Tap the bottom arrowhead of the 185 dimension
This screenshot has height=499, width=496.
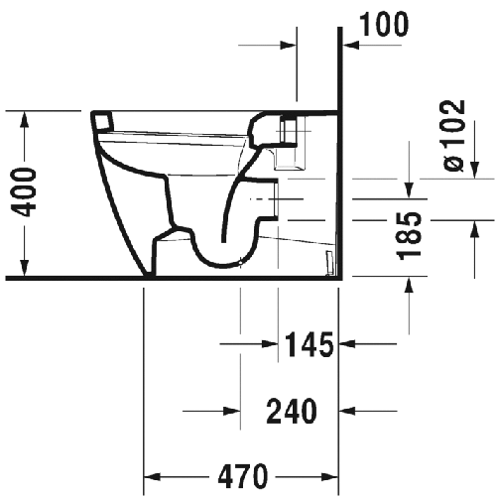click(x=409, y=288)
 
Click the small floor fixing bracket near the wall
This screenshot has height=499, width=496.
click(x=330, y=262)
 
